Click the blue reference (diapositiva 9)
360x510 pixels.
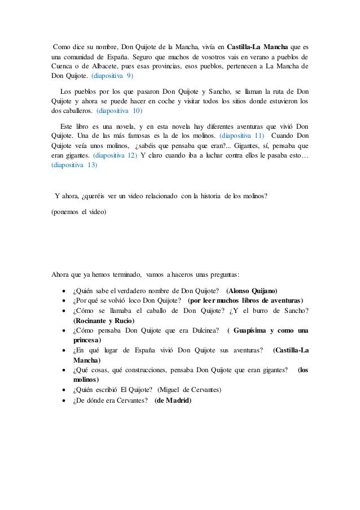[x=112, y=76]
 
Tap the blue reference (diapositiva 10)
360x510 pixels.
[x=120, y=112]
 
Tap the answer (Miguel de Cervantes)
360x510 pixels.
[x=190, y=390]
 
